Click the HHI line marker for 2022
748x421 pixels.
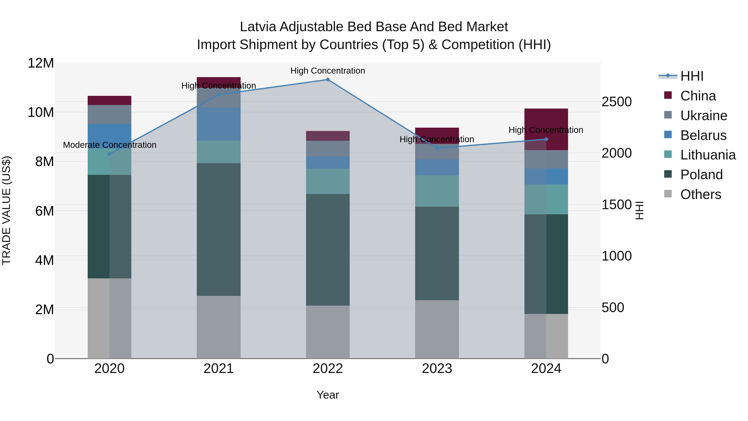(327, 79)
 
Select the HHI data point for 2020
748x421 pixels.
(109, 154)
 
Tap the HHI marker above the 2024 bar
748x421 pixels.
(546, 139)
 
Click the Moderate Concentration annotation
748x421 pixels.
(109, 145)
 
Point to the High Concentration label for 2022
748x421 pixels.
(327, 71)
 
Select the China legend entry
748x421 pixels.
(698, 96)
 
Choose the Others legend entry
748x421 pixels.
(700, 194)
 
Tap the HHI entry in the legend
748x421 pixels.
(692, 76)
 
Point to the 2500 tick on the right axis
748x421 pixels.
(616, 102)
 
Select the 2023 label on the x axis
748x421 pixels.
(437, 369)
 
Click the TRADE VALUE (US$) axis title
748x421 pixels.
(6, 210)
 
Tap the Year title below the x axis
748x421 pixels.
(327, 395)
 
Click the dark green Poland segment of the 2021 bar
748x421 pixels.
(219, 229)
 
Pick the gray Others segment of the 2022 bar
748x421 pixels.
(327, 332)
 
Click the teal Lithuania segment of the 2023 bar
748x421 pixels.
(437, 191)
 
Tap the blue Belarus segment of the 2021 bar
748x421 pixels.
(219, 124)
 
